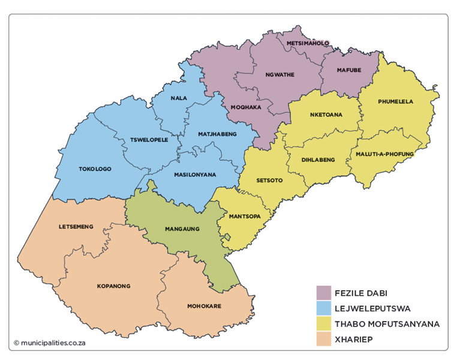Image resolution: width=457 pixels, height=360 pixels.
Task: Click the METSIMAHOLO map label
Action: pyautogui.click(x=308, y=44)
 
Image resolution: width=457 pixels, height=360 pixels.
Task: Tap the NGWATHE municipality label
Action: pyautogui.click(x=279, y=75)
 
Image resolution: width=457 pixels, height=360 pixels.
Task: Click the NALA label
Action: pyautogui.click(x=178, y=98)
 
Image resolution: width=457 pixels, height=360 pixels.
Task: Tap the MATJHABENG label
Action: pyautogui.click(x=217, y=133)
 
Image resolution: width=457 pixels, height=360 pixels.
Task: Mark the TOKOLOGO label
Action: pyautogui.click(x=95, y=169)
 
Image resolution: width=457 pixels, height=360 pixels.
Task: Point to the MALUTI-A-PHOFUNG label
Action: pyautogui.click(x=384, y=154)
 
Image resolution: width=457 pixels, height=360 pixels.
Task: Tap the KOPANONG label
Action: pyautogui.click(x=113, y=286)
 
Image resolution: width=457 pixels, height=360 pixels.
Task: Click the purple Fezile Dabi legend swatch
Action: pyautogui.click(x=324, y=293)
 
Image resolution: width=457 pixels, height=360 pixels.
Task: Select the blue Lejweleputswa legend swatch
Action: pyautogui.click(x=324, y=308)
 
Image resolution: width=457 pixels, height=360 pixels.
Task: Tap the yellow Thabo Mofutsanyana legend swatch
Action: pyautogui.click(x=324, y=324)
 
